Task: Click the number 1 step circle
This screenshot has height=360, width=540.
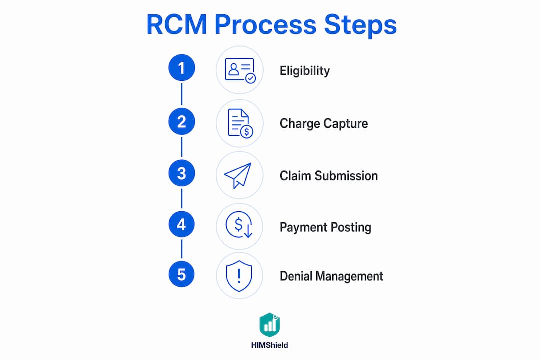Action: [182, 68]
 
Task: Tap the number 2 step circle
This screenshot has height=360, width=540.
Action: [182, 121]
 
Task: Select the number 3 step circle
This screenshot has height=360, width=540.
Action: [182, 173]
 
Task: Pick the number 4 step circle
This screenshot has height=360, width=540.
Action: [182, 224]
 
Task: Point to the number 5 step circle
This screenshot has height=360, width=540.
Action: [182, 274]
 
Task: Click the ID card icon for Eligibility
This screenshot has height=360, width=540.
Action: [240, 70]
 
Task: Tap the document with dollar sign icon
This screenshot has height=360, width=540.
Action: [240, 123]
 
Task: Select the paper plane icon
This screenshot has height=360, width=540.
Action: [238, 175]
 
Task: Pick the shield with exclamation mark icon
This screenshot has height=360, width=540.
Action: [239, 276]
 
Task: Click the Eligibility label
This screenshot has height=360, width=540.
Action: [305, 71]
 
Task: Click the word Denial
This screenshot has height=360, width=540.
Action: [296, 276]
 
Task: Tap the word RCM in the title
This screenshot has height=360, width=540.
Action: [177, 25]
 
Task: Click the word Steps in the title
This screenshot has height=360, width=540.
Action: [360, 25]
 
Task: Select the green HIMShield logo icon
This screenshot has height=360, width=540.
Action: [270, 325]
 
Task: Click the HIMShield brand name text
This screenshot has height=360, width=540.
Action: [269, 345]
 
